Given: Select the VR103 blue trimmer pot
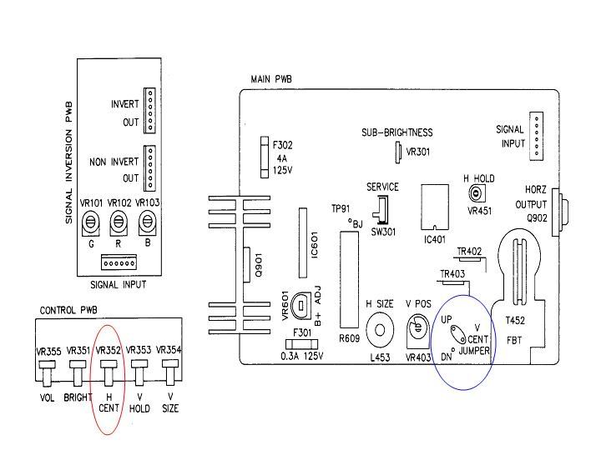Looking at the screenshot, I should (x=148, y=222).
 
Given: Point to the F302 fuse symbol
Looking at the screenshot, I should (x=265, y=156).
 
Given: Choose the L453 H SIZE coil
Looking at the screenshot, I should (x=381, y=330).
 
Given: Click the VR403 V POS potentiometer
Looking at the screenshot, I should (x=417, y=331).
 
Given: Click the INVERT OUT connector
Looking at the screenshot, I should (x=150, y=109).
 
